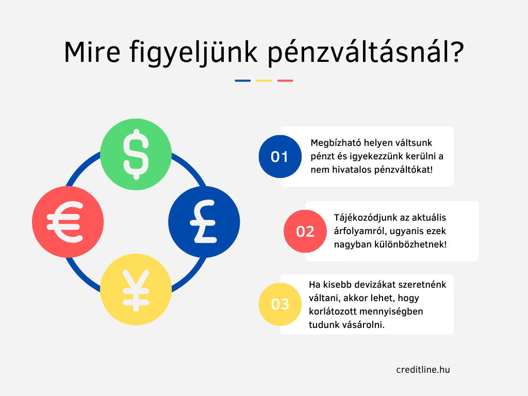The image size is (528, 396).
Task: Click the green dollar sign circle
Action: tap(136, 154)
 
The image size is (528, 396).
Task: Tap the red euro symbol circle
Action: tap(68, 222)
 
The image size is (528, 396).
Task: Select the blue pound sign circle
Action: tap(204, 222)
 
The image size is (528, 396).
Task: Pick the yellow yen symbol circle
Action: tap(136, 290)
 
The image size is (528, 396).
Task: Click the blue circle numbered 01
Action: tap(280, 157)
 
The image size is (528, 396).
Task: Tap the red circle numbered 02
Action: tap(305, 232)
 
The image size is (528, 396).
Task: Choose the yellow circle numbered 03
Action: tap(280, 304)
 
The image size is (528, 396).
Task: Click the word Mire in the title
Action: tap(92, 52)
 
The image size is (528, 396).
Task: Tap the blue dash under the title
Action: tap(243, 81)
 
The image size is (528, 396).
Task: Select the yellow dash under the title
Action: tap(264, 81)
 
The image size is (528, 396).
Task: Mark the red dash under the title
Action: tap(285, 81)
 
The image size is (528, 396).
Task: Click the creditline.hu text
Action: tap(423, 370)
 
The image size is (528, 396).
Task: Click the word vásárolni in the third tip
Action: tap(364, 325)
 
